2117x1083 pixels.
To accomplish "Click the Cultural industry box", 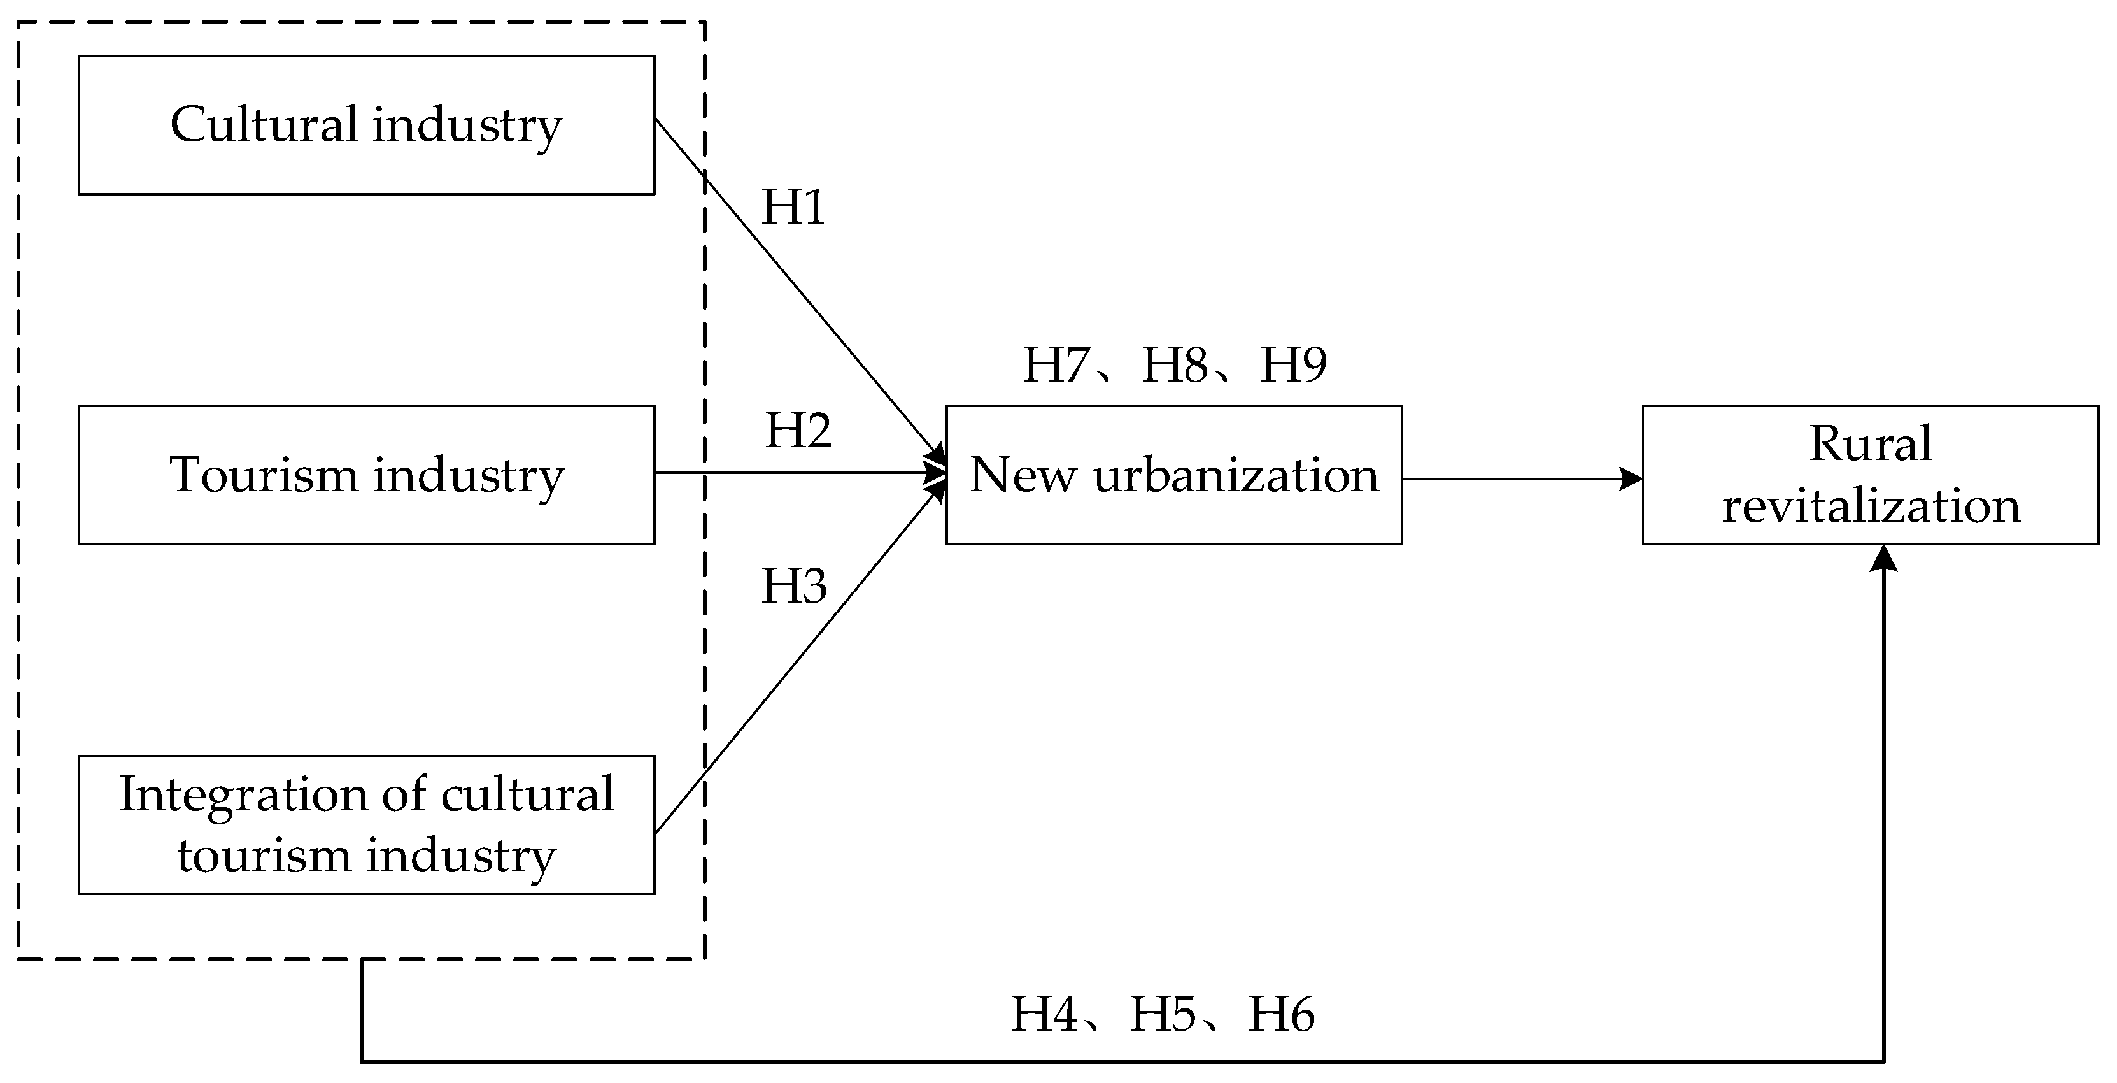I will pos(367,125).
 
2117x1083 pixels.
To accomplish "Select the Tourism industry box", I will pos(367,475).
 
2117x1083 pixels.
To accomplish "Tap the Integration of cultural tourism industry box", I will pos(367,825).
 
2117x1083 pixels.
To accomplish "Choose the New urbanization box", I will pos(1173,475).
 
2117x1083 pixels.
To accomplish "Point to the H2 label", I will pos(798,430).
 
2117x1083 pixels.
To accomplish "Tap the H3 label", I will pos(794,586).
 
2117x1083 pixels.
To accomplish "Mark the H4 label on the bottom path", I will pos(1044,1014).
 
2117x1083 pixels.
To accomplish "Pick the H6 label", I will pos(1281,1014).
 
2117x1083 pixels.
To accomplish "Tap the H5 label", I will pos(1163,1014).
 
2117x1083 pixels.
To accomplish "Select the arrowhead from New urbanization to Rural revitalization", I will pos(1631,478).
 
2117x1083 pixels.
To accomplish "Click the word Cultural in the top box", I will pos(263,124).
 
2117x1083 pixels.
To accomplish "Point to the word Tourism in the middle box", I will pos(263,475).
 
